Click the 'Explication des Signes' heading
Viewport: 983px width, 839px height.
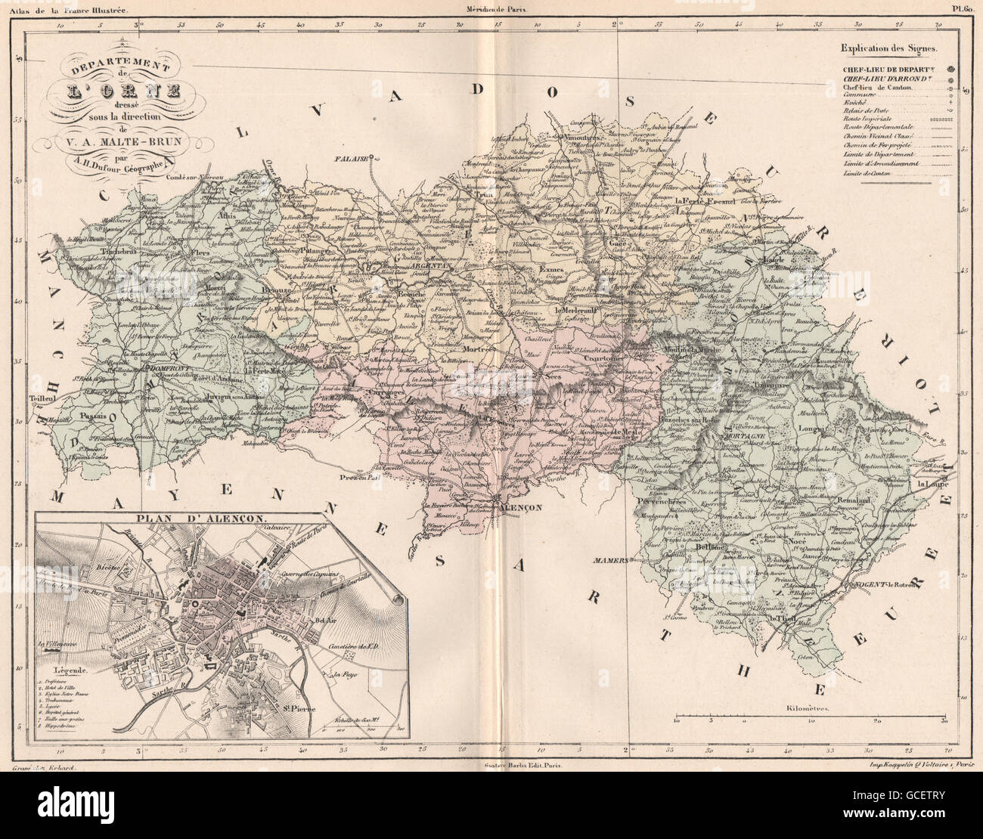pos(888,49)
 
